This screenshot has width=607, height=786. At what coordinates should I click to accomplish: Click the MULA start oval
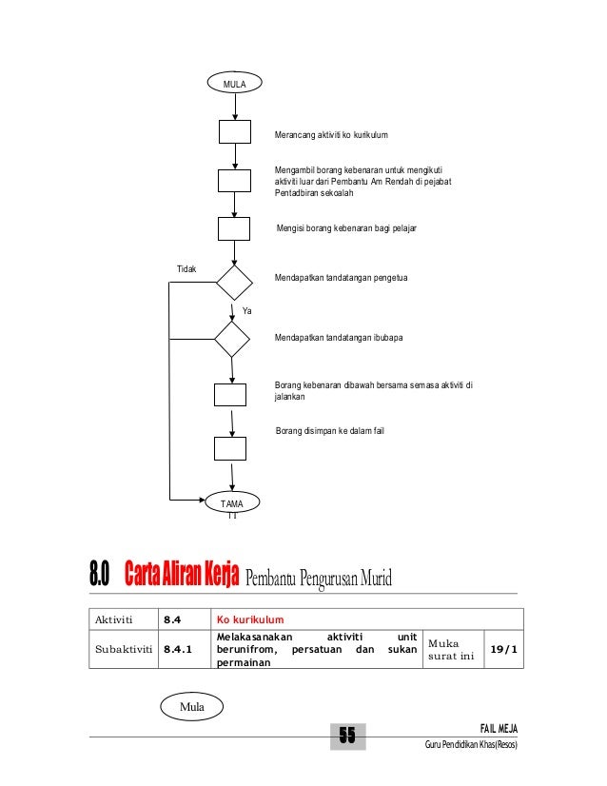click(234, 85)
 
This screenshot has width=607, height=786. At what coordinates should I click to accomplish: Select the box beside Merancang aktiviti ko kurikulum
click(234, 132)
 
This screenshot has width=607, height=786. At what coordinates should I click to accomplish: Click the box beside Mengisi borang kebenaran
click(234, 228)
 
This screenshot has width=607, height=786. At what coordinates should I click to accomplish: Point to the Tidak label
click(186, 269)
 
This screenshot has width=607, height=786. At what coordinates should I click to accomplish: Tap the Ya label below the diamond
click(246, 311)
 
